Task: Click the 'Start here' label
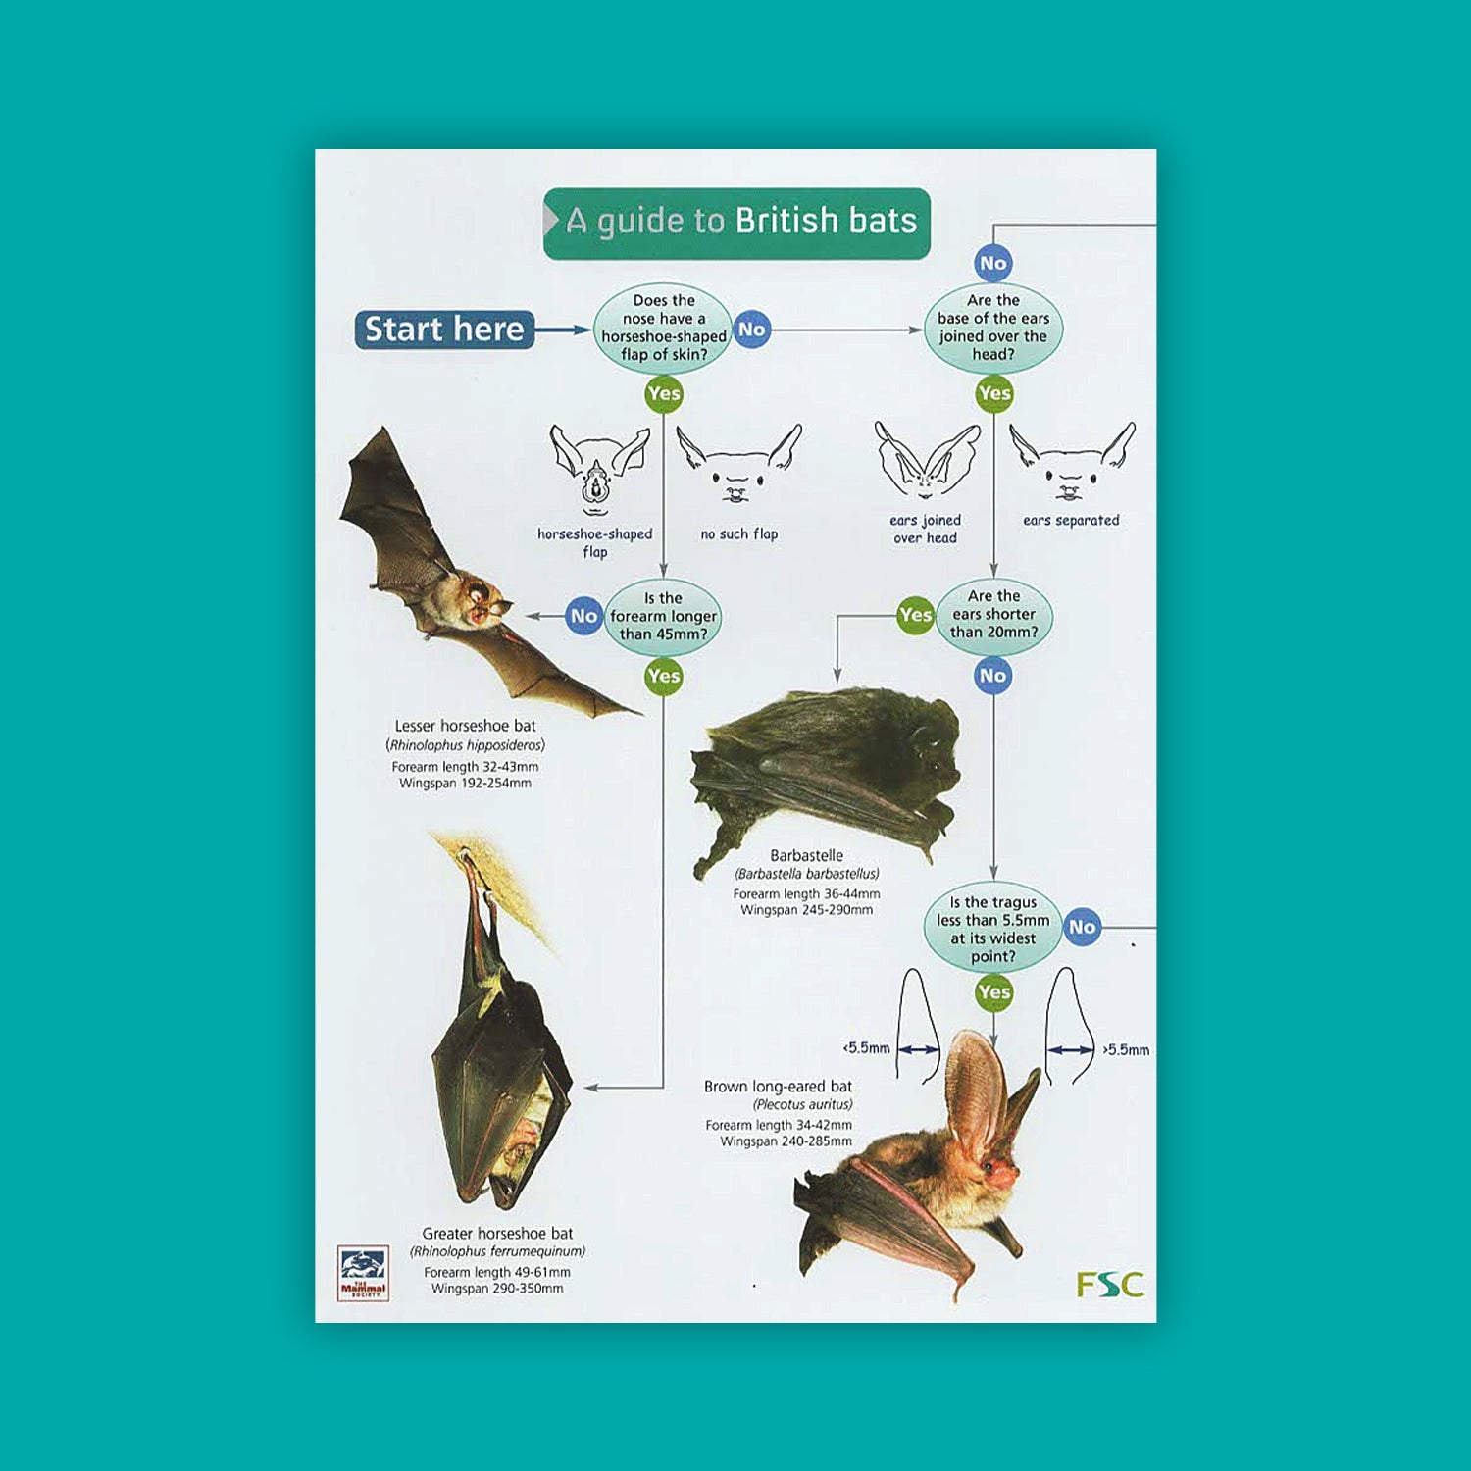coord(444,330)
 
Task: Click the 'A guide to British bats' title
coord(737,222)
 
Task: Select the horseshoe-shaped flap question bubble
coord(663,328)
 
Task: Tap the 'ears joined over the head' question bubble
coord(992,328)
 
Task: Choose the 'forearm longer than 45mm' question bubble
coord(663,616)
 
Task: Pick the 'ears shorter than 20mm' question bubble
coord(993,614)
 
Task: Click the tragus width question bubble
coord(992,929)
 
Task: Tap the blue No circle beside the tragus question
coord(1082,927)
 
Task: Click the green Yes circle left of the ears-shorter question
coord(915,615)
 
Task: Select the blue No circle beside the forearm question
coord(583,616)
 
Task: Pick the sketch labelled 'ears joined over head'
coord(926,461)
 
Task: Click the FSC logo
coord(1109,1284)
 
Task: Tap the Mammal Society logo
coord(363,1273)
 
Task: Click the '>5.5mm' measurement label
coord(1126,1050)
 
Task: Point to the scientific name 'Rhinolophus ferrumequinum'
coord(497,1251)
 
